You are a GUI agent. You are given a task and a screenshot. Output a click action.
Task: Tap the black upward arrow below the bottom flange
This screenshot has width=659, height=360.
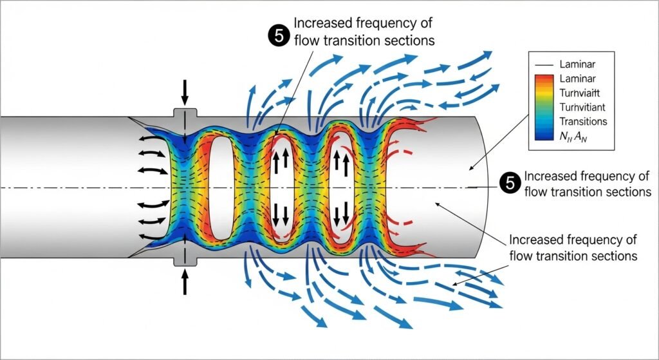click(x=185, y=281)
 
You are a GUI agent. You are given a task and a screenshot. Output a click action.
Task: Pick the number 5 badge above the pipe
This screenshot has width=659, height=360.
click(x=278, y=36)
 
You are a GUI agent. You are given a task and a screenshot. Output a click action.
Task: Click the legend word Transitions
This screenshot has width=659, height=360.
click(x=584, y=120)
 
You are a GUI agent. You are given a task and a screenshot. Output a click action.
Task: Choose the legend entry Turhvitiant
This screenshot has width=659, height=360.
click(x=584, y=106)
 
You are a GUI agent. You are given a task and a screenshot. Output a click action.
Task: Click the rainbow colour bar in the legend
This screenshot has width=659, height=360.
click(x=544, y=106)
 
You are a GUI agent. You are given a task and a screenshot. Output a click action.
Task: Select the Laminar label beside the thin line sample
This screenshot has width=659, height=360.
click(x=578, y=64)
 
